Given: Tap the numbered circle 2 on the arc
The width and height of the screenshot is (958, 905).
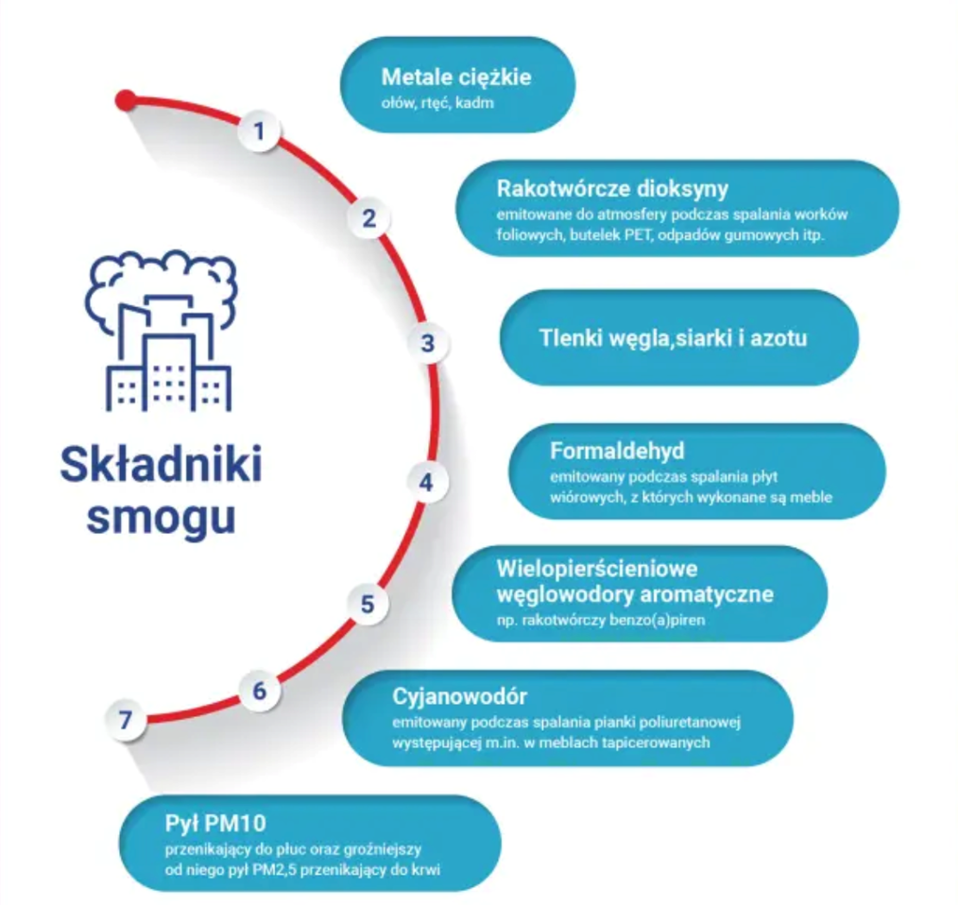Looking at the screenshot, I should (368, 218).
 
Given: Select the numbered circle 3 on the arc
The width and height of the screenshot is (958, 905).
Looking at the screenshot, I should (428, 343).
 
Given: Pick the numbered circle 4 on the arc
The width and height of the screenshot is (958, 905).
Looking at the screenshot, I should (427, 482).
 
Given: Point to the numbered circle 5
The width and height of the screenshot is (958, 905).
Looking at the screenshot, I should (368, 603).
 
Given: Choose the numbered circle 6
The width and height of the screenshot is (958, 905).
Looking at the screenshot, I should (259, 691).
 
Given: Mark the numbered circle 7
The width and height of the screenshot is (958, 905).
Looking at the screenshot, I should (126, 720).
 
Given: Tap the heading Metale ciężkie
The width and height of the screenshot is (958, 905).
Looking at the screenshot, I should (455, 77).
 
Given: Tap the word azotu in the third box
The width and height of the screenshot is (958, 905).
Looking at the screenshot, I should (778, 337).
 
